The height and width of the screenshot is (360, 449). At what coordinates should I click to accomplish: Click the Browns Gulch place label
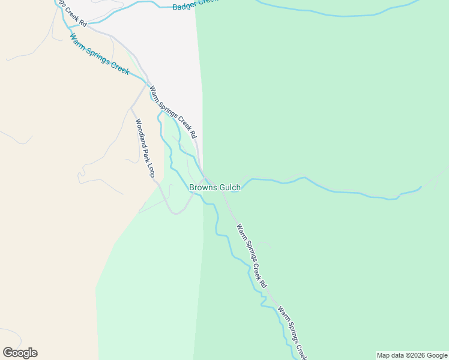pos(215,187)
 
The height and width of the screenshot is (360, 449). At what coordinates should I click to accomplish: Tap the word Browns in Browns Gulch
pos(203,187)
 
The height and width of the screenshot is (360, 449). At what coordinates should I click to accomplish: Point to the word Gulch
pos(229,187)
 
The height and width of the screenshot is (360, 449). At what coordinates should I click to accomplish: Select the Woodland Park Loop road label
pos(145,148)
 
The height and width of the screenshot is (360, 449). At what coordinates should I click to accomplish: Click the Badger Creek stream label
pos(191,5)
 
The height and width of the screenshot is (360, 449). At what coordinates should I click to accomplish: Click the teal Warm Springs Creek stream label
pos(99,55)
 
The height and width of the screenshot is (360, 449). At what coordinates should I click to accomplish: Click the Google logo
pos(20,353)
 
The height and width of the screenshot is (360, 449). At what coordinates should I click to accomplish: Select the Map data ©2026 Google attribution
pos(412,355)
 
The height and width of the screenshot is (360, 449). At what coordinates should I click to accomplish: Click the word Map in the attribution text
pos(384,355)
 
